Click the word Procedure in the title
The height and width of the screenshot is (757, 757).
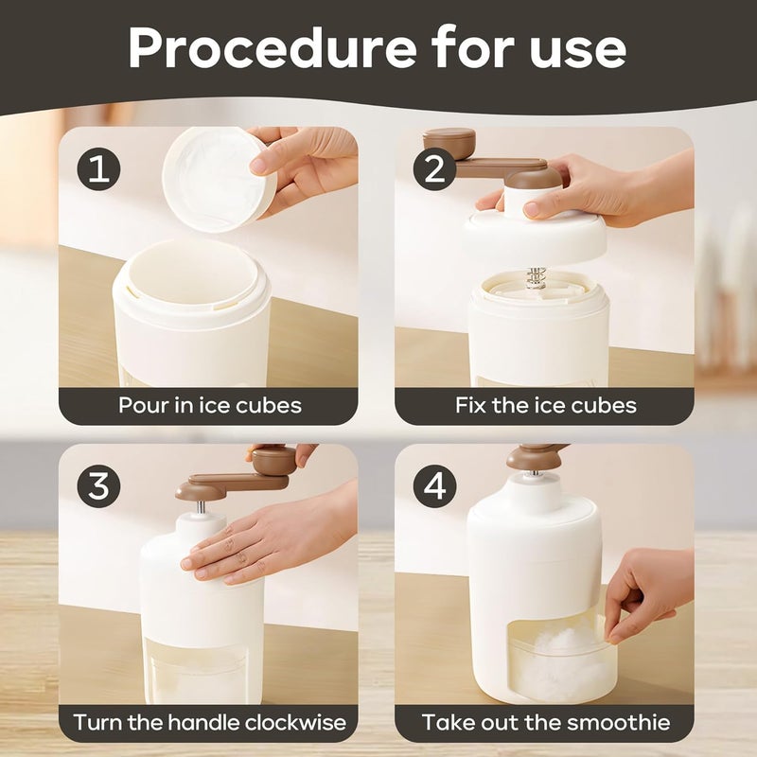[272, 49]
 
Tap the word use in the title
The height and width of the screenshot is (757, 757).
[578, 50]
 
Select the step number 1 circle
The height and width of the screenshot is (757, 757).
[99, 169]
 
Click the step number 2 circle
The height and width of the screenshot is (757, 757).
[434, 169]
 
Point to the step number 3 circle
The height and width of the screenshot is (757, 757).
[99, 486]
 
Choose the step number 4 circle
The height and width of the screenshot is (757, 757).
[434, 486]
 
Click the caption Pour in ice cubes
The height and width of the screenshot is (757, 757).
[210, 405]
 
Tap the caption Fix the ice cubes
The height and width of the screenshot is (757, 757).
[546, 405]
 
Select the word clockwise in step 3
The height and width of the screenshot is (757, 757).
[295, 722]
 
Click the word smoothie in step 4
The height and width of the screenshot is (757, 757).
[619, 722]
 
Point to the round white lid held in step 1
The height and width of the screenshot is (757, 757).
[219, 180]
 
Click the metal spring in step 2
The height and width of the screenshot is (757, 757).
[536, 278]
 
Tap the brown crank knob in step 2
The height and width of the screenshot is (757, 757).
[449, 143]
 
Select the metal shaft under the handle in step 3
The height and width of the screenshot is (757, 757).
[201, 507]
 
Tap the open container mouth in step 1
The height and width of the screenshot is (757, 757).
[192, 273]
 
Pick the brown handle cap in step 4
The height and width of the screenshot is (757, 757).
[535, 456]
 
